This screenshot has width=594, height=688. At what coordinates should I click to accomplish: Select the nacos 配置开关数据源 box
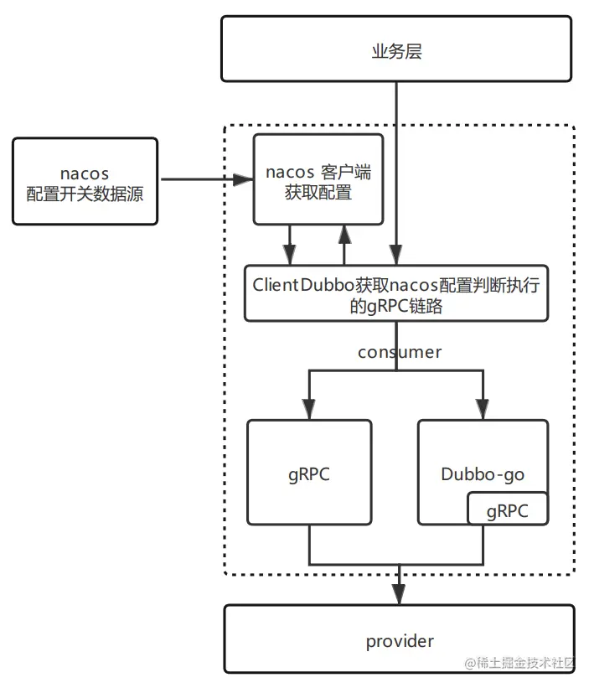[85, 182]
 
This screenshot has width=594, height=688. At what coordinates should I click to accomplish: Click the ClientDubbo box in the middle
[396, 294]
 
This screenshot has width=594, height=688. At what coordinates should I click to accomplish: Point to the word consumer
[400, 352]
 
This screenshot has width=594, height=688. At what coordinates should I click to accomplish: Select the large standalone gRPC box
[309, 473]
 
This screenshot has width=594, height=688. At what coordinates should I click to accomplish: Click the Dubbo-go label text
[483, 474]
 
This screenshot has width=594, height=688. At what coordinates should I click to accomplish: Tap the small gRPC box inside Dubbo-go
[508, 510]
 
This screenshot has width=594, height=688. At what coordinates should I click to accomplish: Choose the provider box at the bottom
[400, 641]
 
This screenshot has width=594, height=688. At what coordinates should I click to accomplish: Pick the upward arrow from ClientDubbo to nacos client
[342, 235]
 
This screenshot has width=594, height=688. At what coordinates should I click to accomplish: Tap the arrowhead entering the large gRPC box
[309, 411]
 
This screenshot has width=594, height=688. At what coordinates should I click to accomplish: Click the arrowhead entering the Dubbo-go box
[483, 411]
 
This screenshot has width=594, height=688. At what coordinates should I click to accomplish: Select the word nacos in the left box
[85, 173]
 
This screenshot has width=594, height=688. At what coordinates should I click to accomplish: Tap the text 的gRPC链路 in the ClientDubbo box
[396, 307]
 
